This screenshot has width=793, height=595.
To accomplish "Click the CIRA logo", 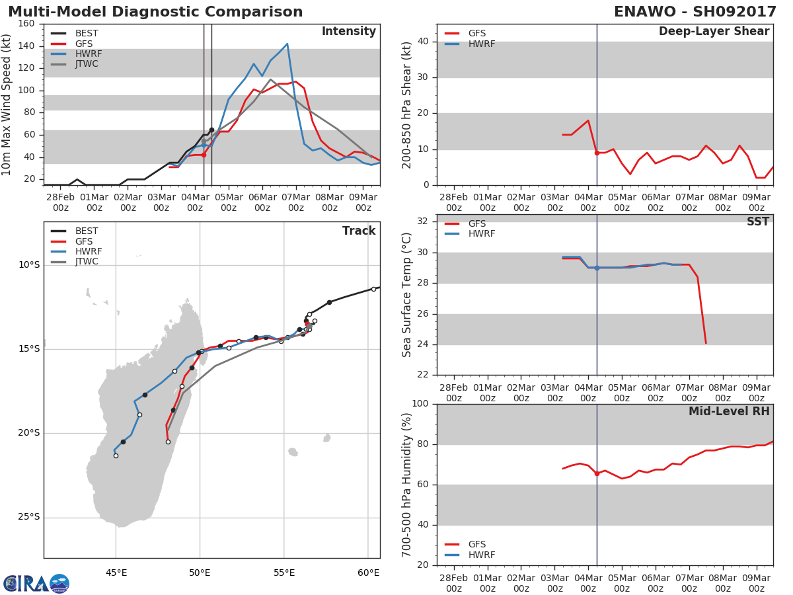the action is (x=36, y=583).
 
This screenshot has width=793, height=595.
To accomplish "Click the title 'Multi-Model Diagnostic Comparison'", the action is (x=155, y=12).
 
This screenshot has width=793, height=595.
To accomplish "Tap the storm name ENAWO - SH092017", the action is (x=695, y=12).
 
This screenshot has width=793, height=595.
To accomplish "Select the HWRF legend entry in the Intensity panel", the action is (x=76, y=54).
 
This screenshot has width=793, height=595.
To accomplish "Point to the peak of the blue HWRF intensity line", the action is (x=287, y=44).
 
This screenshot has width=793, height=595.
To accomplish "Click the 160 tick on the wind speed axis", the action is (x=26, y=24).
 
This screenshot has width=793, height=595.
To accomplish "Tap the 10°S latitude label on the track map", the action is (x=29, y=265).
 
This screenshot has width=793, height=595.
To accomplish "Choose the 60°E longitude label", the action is (x=369, y=573).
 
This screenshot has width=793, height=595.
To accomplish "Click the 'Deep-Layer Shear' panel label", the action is (x=714, y=32).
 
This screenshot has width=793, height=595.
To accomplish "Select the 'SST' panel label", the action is (x=758, y=221).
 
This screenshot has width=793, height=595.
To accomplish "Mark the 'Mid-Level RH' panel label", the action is (x=729, y=411).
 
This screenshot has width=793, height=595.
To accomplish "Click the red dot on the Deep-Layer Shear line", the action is (x=597, y=153).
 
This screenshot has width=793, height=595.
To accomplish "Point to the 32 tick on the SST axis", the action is (x=423, y=221).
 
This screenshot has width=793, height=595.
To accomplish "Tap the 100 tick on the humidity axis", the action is (x=420, y=403).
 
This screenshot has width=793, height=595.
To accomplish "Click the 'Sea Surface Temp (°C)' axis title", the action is (x=406, y=295).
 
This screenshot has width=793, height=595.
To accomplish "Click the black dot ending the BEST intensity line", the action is (x=211, y=130).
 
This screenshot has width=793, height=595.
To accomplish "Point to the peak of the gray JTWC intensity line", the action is (x=270, y=79).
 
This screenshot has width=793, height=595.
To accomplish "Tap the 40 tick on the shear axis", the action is (x=423, y=42).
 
